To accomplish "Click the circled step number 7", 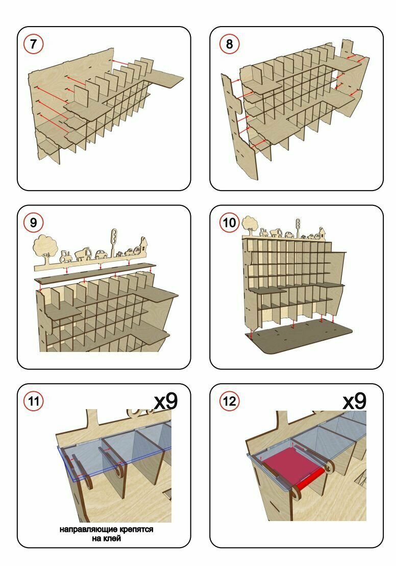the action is click(34, 44).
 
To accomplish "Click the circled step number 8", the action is click(229, 44).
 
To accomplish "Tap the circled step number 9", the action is click(34, 223).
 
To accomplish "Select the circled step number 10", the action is click(230, 223).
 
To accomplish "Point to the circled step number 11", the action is click(34, 401).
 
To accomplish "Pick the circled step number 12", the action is click(230, 401).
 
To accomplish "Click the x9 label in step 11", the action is click(166, 400).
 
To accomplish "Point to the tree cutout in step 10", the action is click(249, 223).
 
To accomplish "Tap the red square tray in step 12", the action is click(289, 463).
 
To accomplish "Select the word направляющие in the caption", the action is click(84, 530).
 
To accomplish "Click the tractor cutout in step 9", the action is click(67, 255).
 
